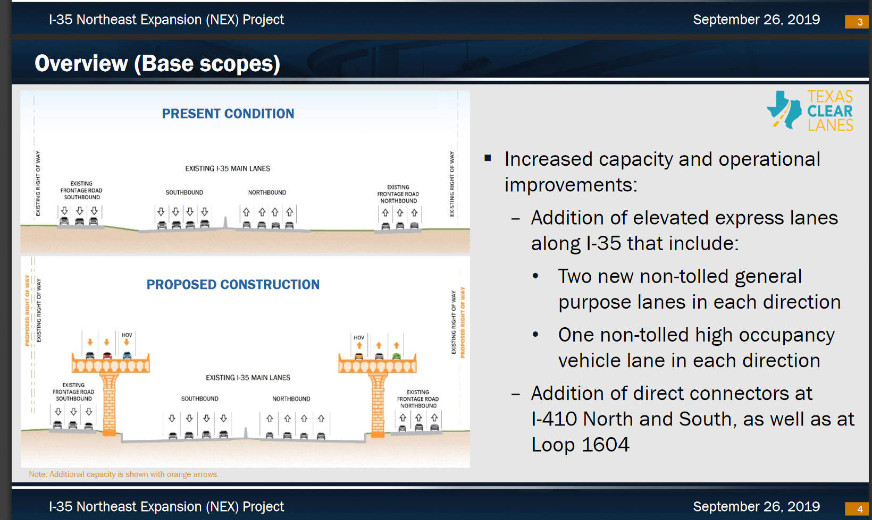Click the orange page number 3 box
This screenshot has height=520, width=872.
(x=856, y=22)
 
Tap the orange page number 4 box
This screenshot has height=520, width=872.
(x=856, y=509)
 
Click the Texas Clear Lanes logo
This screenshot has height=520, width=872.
(x=810, y=110)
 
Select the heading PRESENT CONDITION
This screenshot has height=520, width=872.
(x=228, y=114)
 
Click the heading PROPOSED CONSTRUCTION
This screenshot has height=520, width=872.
(x=233, y=284)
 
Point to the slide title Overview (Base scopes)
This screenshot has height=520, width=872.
(x=157, y=63)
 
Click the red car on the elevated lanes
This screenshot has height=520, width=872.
(x=107, y=355)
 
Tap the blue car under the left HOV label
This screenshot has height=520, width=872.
(x=127, y=355)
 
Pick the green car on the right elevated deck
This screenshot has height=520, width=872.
(x=396, y=355)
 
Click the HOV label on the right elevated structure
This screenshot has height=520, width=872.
(x=359, y=337)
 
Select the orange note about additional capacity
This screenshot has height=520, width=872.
(x=123, y=474)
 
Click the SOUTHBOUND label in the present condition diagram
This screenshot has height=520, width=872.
(x=184, y=192)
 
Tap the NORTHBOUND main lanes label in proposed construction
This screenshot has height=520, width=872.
(x=291, y=399)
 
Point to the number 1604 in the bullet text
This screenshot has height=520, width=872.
(x=605, y=444)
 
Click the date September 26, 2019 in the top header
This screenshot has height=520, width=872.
(x=757, y=20)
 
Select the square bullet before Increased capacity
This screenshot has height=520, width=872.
(x=488, y=158)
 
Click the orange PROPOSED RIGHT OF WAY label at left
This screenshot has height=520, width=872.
(x=27, y=310)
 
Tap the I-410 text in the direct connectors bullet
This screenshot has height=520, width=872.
(x=554, y=419)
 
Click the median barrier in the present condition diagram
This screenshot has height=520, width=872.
(x=225, y=223)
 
